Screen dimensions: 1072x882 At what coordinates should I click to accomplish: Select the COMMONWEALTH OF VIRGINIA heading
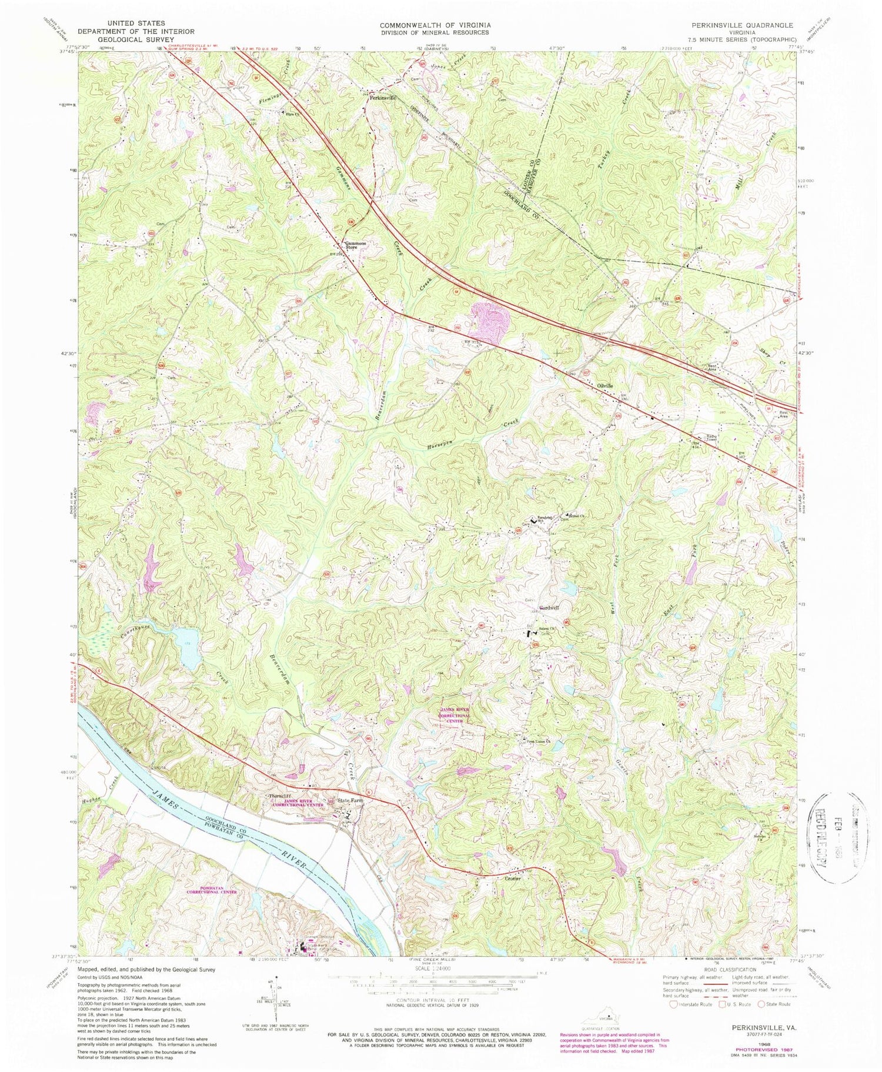coord(435,25)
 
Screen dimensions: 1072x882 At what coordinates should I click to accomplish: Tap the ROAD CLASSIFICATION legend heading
coord(727,970)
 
